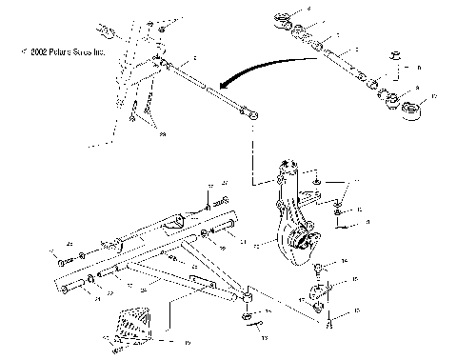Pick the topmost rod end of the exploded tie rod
tap(283, 18)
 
